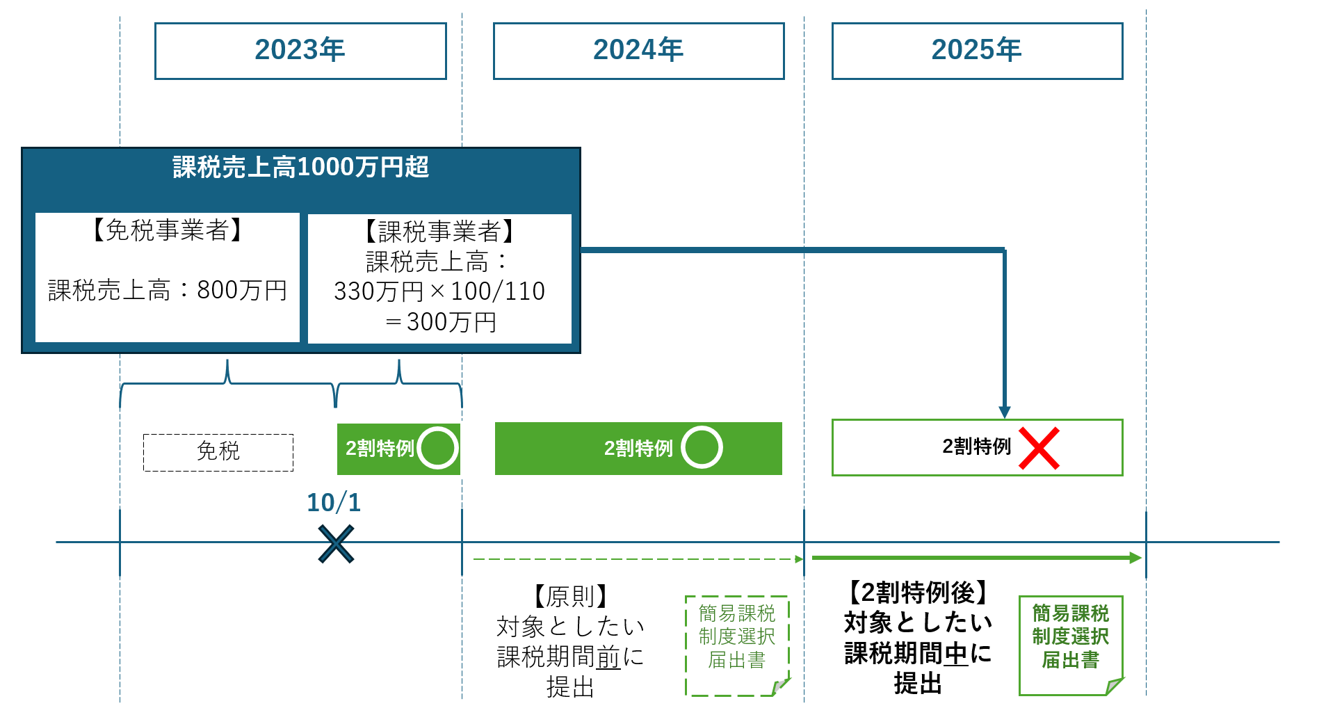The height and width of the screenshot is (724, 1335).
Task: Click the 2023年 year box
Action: tap(300, 51)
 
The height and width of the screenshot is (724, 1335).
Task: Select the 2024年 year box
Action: tap(638, 51)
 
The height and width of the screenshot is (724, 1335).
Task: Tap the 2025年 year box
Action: tap(977, 51)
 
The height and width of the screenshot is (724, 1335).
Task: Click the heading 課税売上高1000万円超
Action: tap(300, 168)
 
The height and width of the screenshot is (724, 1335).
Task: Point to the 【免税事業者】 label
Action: tap(167, 230)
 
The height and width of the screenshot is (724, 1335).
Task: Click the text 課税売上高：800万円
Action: tap(167, 290)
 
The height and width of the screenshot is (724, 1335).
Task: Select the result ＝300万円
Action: tap(439, 322)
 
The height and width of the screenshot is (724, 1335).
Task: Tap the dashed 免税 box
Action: tap(218, 452)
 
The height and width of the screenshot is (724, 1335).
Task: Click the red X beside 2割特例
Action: tap(1039, 449)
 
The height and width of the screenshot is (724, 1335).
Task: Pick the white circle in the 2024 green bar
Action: tap(702, 447)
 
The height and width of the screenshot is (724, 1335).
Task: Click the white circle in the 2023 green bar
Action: tap(438, 448)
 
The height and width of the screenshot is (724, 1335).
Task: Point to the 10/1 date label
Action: tap(334, 502)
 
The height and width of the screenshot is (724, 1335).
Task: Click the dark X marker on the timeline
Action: tap(336, 544)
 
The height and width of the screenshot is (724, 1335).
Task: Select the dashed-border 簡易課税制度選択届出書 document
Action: tap(737, 645)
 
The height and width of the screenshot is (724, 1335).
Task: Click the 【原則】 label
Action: tap(570, 596)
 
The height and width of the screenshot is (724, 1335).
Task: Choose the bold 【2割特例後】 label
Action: tap(918, 593)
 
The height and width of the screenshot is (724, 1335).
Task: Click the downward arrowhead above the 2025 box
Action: tap(1005, 412)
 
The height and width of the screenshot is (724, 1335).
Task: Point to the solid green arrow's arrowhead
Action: tap(1135, 558)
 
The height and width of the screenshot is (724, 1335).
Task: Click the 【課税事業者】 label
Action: tap(439, 231)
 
